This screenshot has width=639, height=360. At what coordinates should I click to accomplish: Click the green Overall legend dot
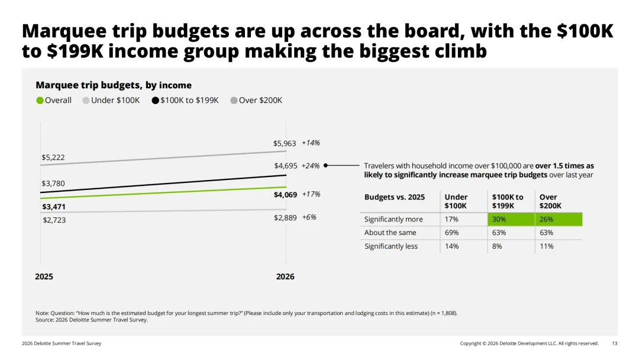click(40, 101)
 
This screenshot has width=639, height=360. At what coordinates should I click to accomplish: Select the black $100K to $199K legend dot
click(155, 101)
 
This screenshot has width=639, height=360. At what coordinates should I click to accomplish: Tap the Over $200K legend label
click(260, 100)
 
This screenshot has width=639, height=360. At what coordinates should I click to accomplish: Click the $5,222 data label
click(53, 157)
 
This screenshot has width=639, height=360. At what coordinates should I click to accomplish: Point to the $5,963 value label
click(285, 143)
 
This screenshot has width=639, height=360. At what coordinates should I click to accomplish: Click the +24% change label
click(311, 166)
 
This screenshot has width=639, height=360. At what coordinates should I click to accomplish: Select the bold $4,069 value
click(285, 195)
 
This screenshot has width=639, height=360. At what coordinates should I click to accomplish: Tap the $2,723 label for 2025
click(54, 220)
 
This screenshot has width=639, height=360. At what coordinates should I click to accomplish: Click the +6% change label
click(309, 217)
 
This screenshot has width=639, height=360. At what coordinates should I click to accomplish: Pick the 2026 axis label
click(285, 277)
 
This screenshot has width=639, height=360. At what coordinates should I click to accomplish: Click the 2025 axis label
click(44, 277)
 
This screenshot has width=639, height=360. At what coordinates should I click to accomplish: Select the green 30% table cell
click(511, 219)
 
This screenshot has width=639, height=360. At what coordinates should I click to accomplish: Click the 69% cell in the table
click(451, 233)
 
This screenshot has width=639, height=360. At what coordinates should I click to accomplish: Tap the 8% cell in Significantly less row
click(497, 246)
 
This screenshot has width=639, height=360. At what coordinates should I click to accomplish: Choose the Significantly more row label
click(393, 219)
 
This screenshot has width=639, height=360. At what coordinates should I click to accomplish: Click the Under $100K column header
click(456, 201)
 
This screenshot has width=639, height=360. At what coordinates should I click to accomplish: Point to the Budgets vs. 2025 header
click(395, 197)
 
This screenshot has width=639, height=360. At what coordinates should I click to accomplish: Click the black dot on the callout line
click(325, 166)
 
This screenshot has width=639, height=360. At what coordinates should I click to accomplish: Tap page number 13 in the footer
click(615, 343)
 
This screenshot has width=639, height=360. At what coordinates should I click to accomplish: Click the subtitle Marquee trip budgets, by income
click(114, 85)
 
